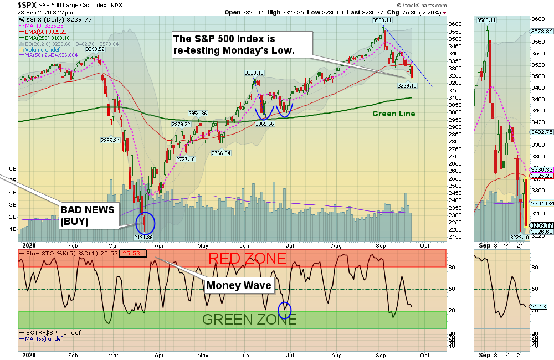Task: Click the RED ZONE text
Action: (247, 258)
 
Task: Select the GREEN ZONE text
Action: (249, 319)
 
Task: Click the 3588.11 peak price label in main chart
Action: (382, 20)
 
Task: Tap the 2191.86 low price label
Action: (143, 237)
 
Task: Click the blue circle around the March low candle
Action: (145, 223)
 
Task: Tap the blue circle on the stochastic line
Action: (285, 309)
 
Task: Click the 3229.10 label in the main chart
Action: (407, 86)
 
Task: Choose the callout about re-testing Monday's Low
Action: (242, 44)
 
